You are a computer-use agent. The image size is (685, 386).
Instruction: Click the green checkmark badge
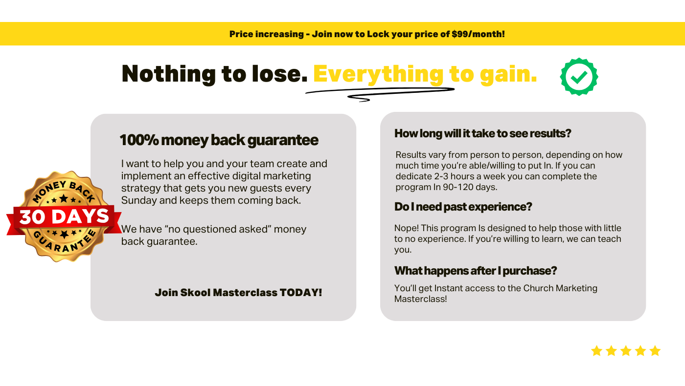[579, 77]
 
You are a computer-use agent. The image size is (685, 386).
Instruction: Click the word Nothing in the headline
[168, 74]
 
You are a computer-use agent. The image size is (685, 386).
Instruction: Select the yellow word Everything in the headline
[378, 75]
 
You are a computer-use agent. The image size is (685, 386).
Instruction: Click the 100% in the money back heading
[139, 140]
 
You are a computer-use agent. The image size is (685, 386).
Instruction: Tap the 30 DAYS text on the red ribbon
[64, 216]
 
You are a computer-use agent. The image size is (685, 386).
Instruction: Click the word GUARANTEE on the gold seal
[65, 243]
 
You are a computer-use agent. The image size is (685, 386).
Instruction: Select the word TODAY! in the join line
[300, 293]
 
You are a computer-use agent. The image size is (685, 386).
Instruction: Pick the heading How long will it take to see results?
[482, 134]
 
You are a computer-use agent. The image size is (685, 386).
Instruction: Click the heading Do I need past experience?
[463, 207]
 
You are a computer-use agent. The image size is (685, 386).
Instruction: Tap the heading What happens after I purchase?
[475, 271]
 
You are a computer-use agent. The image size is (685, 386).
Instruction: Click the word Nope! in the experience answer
[407, 228]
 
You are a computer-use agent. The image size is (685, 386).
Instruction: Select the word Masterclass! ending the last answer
[420, 299]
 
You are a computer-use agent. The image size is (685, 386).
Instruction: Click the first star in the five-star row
[596, 351]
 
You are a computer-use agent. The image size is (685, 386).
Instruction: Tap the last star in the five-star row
[655, 351]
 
